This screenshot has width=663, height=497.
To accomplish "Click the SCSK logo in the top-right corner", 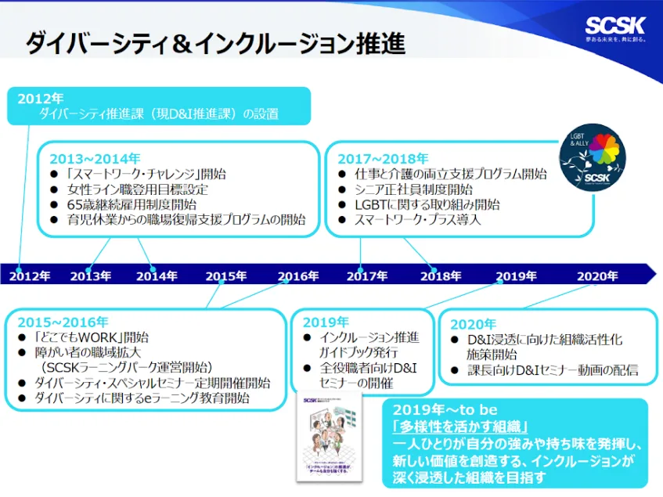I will [x=616, y=25].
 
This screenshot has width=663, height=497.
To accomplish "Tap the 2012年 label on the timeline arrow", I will [x=30, y=276].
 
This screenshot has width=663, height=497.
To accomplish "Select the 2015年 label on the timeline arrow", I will [x=226, y=276].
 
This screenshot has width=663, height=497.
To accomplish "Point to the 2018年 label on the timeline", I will [x=441, y=276].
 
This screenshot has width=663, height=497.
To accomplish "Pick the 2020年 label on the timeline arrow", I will [x=597, y=276].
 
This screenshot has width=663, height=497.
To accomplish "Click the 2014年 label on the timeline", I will [x=157, y=276].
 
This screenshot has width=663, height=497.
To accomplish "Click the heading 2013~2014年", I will [x=95, y=159].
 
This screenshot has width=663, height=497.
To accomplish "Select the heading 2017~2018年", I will [x=383, y=159].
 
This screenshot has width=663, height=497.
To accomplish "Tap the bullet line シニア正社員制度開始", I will [x=414, y=189].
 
